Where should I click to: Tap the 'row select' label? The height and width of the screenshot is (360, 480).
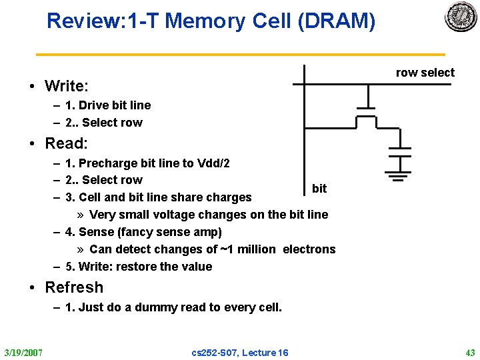coord(425,73)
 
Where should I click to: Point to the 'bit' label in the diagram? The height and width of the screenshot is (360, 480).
coord(319,189)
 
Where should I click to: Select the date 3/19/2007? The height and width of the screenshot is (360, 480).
coord(24,352)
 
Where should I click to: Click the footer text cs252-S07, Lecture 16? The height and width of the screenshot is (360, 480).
coord(240,352)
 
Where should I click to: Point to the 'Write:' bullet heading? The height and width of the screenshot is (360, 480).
coord(67,86)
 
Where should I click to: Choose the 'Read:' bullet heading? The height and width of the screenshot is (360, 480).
coord(66,143)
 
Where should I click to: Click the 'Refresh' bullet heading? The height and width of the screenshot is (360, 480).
coord(73,287)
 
